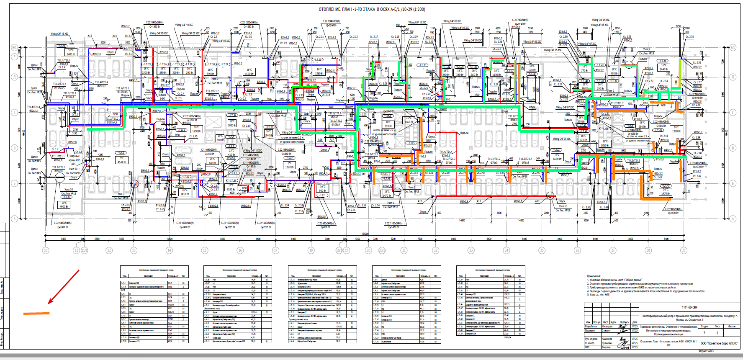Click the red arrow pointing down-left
pos(64,287)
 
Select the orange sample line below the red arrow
pos(36,313)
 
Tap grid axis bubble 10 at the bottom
pos(46,250)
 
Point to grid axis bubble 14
pos(169,250)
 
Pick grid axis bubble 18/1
pos(339,250)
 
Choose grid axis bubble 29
pos(684,250)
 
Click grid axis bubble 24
pos(506,250)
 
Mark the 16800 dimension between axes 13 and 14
pos(170,239)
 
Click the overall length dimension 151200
pos(365,234)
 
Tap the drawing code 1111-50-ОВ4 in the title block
pos(689,307)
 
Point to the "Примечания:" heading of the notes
pos(594,276)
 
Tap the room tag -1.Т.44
pos(663,61)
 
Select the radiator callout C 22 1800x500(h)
pos(62,223)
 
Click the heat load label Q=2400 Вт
pos(62,227)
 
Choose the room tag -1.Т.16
pos(61,46)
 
